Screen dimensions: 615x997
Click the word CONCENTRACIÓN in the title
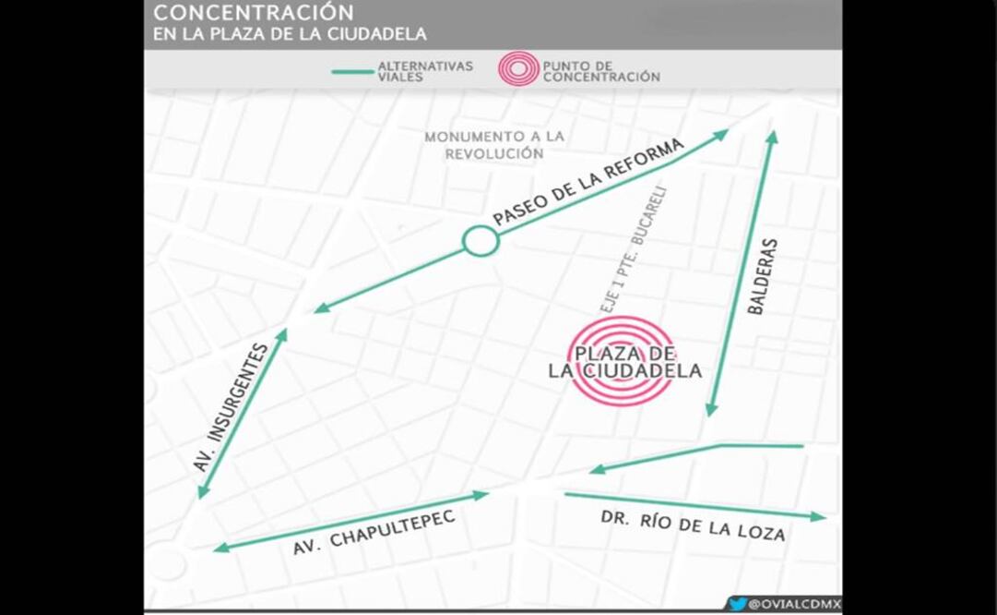click(253, 13)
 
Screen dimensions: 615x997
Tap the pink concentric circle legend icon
click(517, 69)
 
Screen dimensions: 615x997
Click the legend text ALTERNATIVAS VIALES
click(425, 71)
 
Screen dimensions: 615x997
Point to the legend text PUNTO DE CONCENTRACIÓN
click(601, 71)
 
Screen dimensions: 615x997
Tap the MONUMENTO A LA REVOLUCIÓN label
click(494, 145)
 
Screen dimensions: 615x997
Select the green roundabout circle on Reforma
click(480, 241)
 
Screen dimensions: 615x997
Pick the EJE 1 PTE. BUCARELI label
click(632, 249)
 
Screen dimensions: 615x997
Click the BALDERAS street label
click(763, 277)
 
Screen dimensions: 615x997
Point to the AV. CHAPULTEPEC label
click(374, 533)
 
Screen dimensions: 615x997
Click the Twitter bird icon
click(737, 604)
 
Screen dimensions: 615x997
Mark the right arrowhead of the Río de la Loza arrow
click(820, 516)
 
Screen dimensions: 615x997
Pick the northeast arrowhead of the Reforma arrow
click(722, 134)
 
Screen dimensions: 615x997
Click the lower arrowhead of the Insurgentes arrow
click(201, 493)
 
